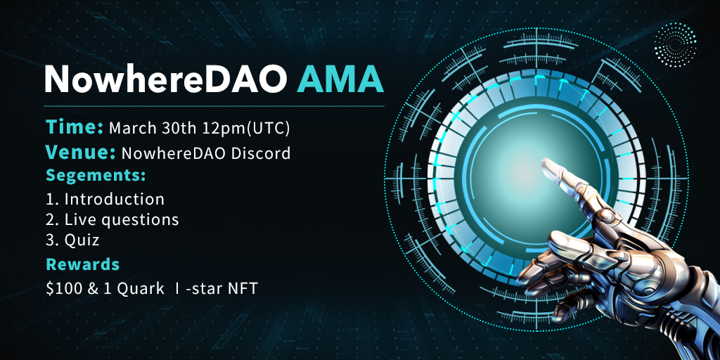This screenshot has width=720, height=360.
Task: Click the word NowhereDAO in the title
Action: tap(166, 79)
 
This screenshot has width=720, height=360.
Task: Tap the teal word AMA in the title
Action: tap(340, 79)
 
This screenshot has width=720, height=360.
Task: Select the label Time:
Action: tap(75, 128)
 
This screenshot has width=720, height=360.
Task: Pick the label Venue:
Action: tap(80, 153)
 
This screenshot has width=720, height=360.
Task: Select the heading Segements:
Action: tap(96, 175)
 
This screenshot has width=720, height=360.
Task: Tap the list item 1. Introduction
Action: tap(105, 199)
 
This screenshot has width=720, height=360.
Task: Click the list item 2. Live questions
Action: tap(112, 220)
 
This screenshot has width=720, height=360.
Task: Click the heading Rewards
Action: tap(83, 264)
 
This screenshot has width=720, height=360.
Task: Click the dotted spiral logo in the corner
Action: tap(675, 45)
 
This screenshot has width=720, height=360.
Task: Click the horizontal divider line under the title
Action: tap(214, 106)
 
